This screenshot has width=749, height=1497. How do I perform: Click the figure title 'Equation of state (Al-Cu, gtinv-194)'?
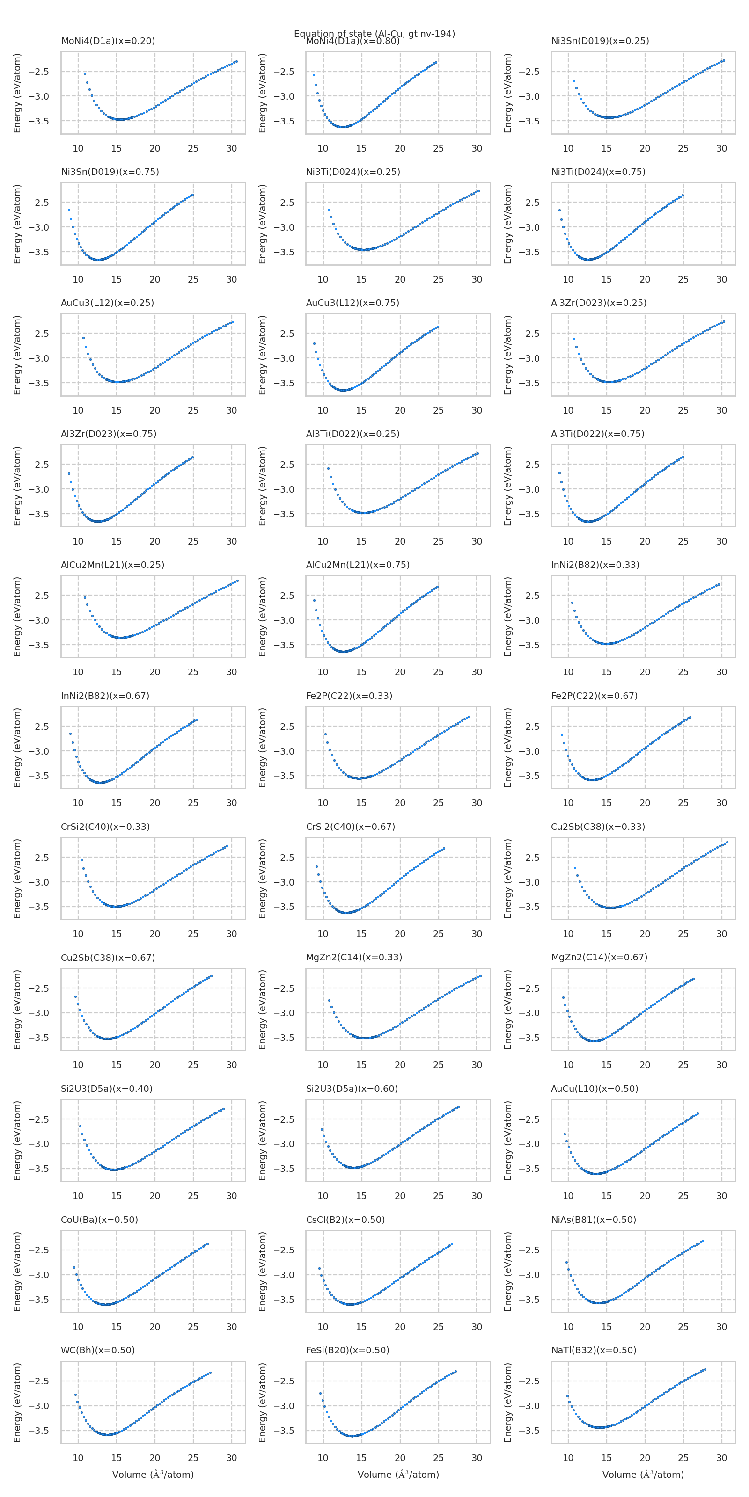(374, 34)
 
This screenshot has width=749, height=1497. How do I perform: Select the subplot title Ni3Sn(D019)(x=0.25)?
(600, 41)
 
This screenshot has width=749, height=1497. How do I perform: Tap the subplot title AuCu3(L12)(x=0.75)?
(352, 303)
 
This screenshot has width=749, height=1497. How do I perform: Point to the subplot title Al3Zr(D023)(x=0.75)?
(108, 434)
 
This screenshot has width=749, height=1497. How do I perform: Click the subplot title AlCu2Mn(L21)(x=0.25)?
(112, 565)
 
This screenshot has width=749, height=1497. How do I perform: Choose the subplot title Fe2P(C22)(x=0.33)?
(349, 696)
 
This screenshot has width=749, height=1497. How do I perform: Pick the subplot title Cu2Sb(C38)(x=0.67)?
(108, 958)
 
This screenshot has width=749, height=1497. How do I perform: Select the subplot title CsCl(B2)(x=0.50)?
(345, 1220)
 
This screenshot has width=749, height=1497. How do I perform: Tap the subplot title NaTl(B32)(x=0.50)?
(593, 1351)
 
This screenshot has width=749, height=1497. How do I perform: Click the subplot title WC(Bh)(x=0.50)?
(98, 1351)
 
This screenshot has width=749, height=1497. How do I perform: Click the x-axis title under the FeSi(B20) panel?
(398, 1475)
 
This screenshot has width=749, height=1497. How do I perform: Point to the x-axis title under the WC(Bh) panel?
(153, 1475)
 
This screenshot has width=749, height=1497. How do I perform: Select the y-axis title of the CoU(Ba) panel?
(17, 1272)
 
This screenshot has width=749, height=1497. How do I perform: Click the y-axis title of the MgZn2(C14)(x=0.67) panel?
(507, 1010)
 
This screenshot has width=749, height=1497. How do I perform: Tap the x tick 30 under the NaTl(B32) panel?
(721, 1458)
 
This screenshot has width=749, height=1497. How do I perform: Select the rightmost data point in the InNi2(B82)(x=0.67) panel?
(197, 720)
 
